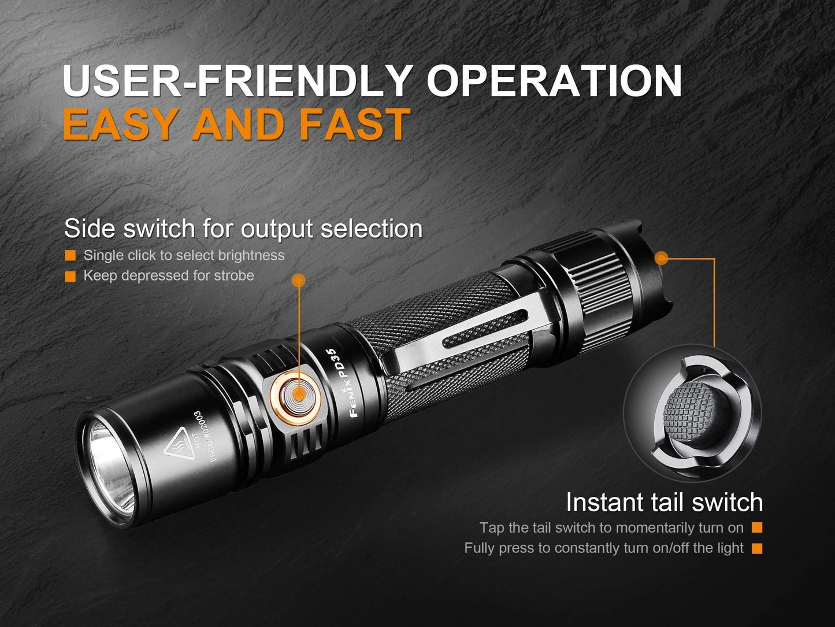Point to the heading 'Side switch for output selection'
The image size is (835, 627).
[x=243, y=228]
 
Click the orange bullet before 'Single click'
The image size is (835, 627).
[x=70, y=256]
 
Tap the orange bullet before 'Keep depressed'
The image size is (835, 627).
[x=70, y=276]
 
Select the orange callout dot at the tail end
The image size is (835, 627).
[x=662, y=258]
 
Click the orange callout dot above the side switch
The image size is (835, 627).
[x=298, y=281]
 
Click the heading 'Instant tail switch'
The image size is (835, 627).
[x=664, y=502]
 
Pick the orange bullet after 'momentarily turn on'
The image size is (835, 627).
[x=757, y=528]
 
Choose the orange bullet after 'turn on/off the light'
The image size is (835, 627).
[x=757, y=548]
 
